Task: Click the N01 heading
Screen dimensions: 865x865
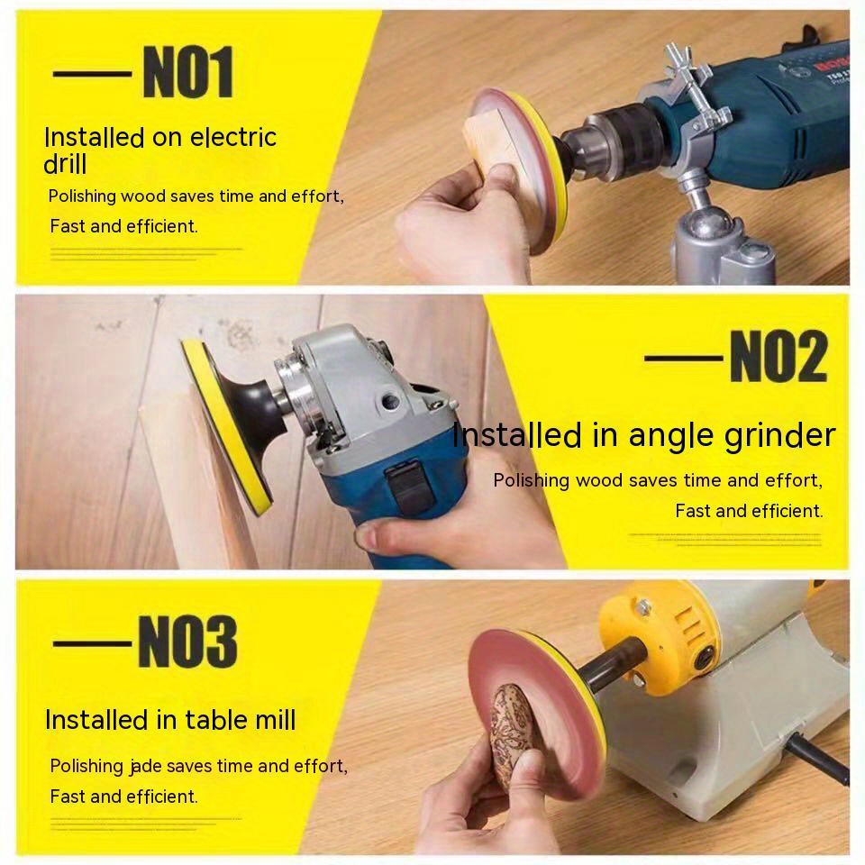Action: point(187,73)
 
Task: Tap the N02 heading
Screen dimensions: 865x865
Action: point(777,357)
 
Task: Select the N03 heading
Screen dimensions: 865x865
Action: point(187,642)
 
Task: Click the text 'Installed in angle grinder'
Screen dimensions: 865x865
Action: point(643,435)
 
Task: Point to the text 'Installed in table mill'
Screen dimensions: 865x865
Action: point(170,720)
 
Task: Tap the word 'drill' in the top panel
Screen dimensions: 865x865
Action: point(65,165)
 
